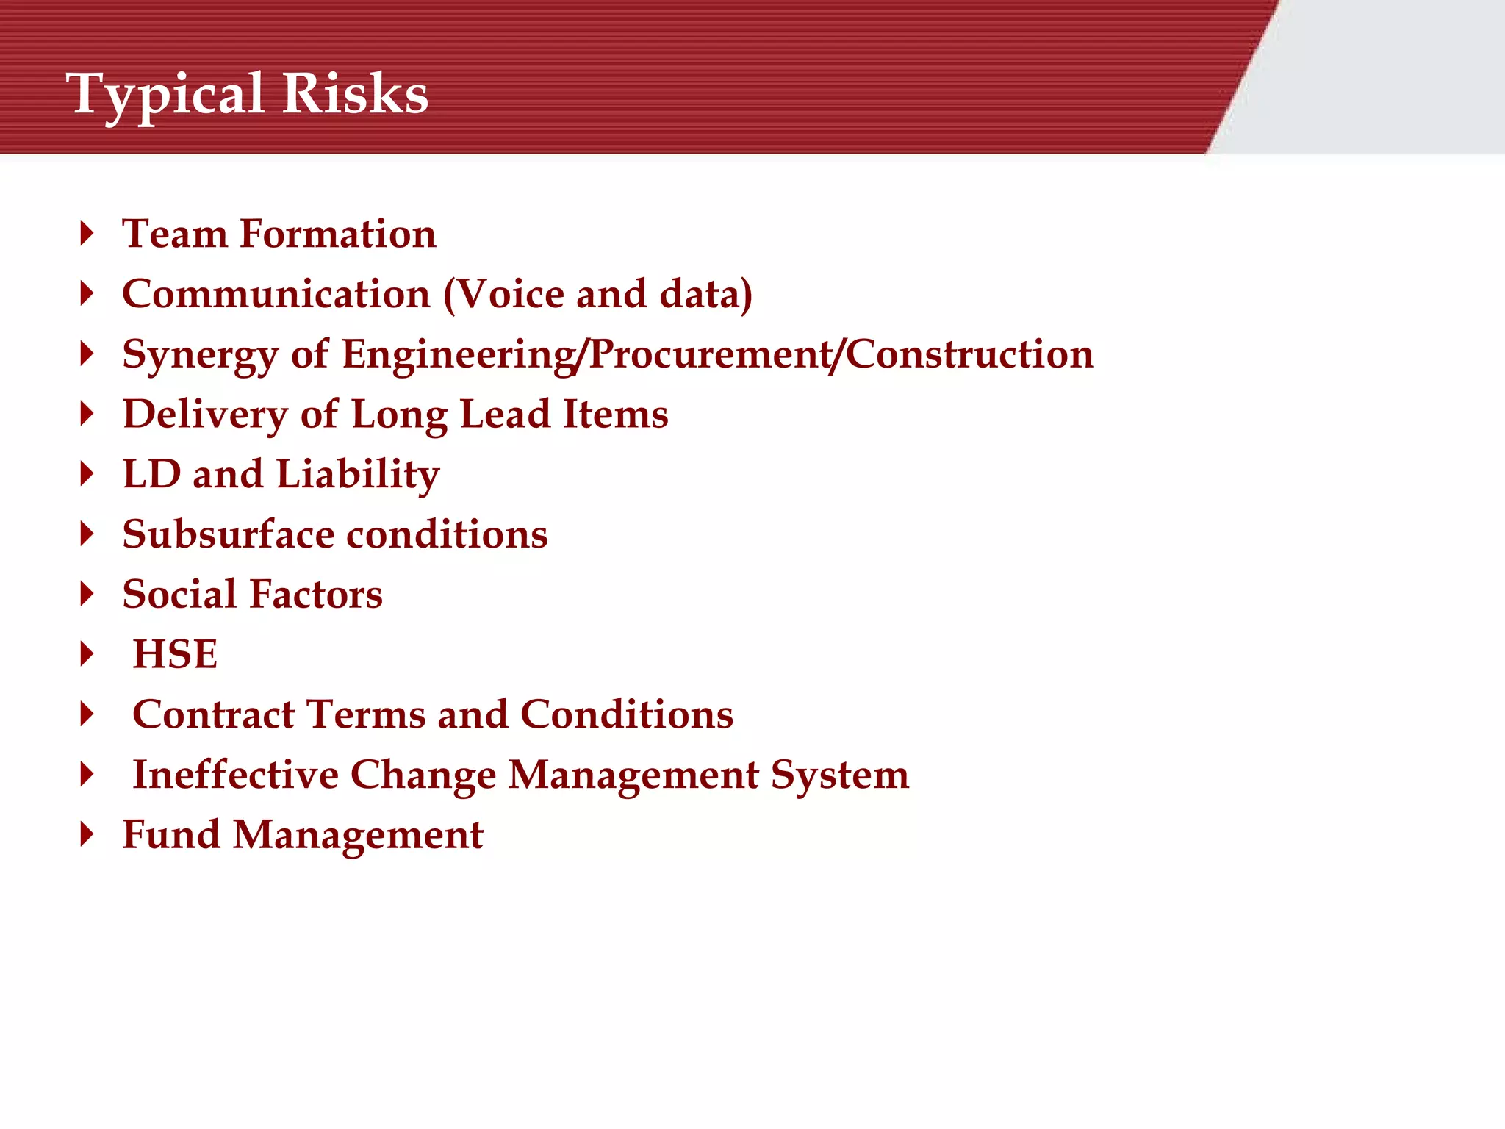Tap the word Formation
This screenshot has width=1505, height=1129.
(x=338, y=234)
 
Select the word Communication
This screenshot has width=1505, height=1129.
(x=276, y=294)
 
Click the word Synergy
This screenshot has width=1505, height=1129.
(x=200, y=356)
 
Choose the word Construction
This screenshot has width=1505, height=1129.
(x=969, y=354)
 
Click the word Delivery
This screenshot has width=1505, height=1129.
(x=205, y=415)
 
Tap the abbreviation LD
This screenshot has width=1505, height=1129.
(x=151, y=474)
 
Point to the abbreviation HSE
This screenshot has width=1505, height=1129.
(x=175, y=654)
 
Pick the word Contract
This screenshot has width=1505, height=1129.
(x=213, y=714)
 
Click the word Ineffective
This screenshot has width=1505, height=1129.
(x=235, y=775)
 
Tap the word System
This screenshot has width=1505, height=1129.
(x=839, y=776)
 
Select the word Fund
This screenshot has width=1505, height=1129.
(x=171, y=835)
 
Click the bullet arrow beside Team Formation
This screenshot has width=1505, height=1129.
(x=87, y=234)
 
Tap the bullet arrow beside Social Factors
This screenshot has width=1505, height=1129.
(x=87, y=594)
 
